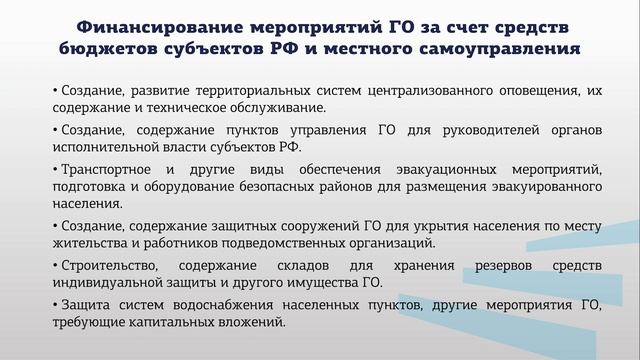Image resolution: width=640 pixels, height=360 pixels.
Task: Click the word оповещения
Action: pyautogui.click(x=539, y=90)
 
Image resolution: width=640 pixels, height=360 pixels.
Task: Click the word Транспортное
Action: pyautogui.click(x=103, y=170)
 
